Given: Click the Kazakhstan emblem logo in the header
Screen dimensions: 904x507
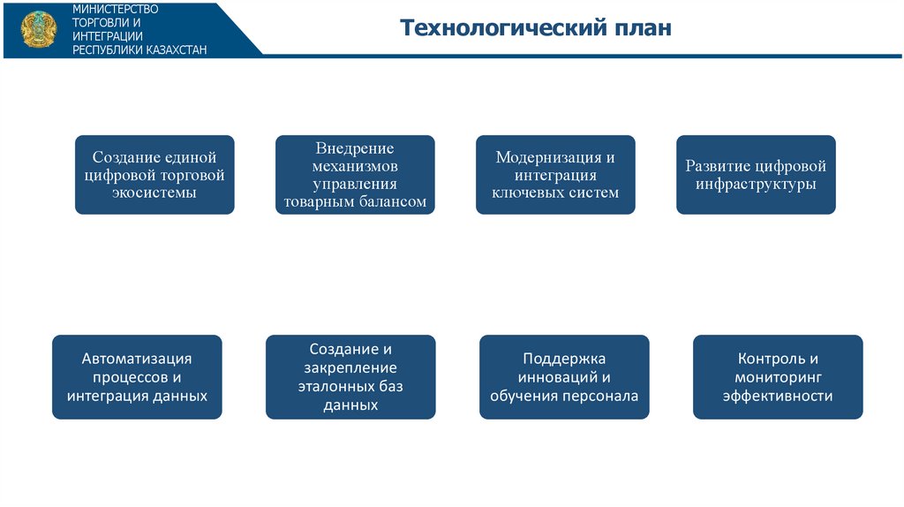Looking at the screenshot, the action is tap(36, 29).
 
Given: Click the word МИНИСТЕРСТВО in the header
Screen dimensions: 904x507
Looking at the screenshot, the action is tap(115, 9).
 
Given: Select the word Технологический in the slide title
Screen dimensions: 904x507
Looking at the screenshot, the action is tap(498, 28).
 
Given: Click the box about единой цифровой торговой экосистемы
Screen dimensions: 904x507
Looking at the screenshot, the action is tap(154, 175).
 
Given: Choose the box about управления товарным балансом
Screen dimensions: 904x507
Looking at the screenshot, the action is tap(355, 175).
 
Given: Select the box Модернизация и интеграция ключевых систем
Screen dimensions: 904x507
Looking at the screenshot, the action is tap(555, 175).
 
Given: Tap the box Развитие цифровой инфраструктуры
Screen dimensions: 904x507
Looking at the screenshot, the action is tap(756, 175).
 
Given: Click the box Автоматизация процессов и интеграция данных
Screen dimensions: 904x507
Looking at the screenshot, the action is tap(137, 377).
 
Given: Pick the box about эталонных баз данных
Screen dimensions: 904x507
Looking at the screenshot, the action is tap(350, 377).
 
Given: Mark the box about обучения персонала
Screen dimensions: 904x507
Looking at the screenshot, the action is tap(564, 377).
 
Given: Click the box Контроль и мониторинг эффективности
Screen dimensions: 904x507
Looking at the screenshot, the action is tap(778, 377).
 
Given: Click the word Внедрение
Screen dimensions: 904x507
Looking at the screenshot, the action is tap(355, 148).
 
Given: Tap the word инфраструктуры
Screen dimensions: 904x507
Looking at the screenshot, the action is tap(756, 185).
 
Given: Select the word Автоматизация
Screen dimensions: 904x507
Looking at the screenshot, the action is tap(137, 359).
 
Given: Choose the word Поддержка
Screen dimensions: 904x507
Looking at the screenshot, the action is tap(564, 359).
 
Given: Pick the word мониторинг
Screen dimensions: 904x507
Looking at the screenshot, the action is tap(778, 377).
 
